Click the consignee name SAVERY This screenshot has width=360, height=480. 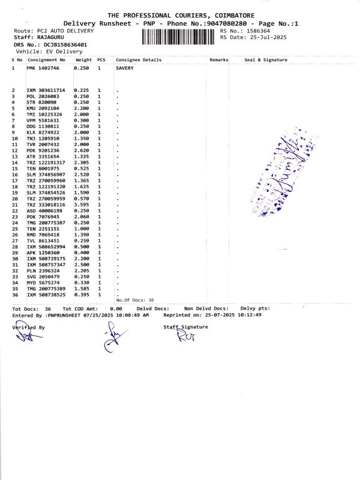125,68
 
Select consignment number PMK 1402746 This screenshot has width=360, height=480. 43,68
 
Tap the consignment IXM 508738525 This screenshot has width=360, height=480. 46,295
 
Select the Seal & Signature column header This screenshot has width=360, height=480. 266,60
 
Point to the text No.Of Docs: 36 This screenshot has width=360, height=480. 135,300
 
